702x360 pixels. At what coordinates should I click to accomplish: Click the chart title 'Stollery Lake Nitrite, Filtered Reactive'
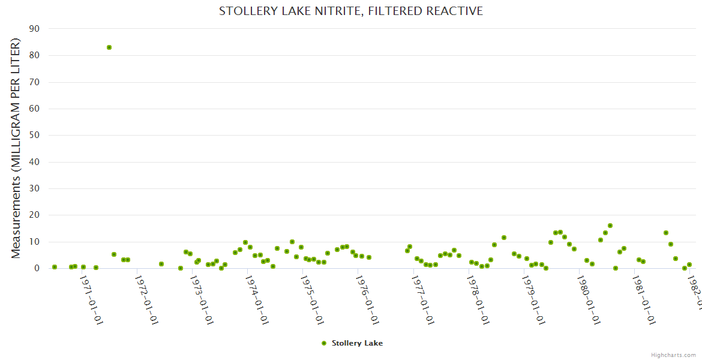point(350,11)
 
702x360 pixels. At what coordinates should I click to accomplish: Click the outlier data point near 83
point(109,47)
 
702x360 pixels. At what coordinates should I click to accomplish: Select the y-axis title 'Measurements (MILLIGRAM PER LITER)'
point(16,148)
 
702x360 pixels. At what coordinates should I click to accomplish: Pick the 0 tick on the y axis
point(37,269)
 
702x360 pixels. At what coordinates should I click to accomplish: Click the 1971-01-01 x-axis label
point(92,299)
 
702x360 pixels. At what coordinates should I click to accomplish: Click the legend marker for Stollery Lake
point(324,343)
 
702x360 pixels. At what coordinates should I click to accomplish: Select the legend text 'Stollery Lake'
point(357,343)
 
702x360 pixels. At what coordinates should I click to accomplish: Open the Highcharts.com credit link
point(673,355)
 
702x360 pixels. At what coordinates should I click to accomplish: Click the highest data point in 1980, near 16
point(610,226)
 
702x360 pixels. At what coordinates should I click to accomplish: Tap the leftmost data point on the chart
point(55,267)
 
